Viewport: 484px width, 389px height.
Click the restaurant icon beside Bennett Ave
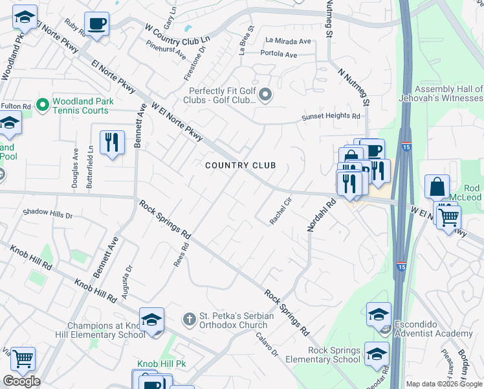coord(112,143)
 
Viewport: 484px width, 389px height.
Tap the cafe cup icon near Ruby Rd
coord(96,25)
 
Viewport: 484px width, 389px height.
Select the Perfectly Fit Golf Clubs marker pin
coord(265,97)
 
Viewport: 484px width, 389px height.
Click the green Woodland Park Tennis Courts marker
coord(43,104)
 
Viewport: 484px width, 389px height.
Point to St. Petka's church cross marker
coord(189,319)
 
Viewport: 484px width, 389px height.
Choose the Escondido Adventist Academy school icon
coord(379,316)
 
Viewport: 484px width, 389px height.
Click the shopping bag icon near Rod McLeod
coord(437,187)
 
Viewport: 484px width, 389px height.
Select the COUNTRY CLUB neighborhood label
coord(241,165)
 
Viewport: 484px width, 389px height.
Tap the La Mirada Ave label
coord(288,41)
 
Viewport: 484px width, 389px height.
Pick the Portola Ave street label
coord(279,54)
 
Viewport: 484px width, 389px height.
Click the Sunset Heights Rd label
coord(331,117)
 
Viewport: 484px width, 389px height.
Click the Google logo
coord(21,381)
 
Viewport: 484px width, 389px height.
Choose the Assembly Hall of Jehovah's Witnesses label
coord(448,93)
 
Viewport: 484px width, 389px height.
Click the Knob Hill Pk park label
coord(161,364)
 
